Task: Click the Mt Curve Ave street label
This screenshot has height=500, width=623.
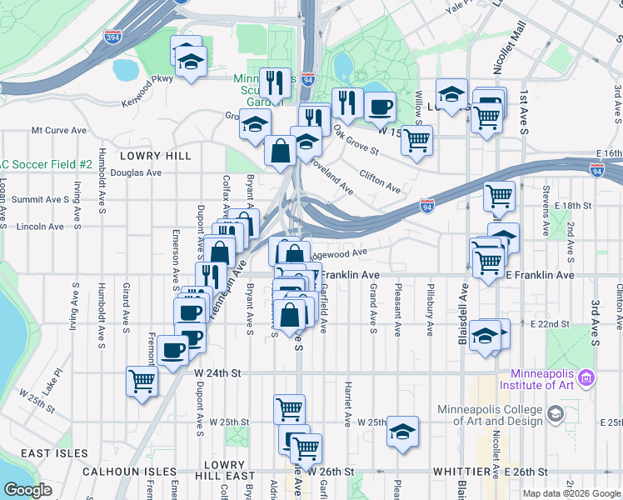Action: click(59, 131)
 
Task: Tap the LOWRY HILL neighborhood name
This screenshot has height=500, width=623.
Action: click(155, 156)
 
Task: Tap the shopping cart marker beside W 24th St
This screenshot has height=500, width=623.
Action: click(142, 382)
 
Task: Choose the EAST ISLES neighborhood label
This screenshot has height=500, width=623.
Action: click(55, 452)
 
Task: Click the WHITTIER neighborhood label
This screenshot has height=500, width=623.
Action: click(461, 472)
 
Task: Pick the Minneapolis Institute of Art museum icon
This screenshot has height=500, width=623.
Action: click(587, 378)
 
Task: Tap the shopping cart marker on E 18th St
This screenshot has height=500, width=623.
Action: click(499, 197)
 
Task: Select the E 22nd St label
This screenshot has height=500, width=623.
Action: click(549, 323)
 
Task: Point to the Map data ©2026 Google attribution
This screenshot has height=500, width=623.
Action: click(571, 493)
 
